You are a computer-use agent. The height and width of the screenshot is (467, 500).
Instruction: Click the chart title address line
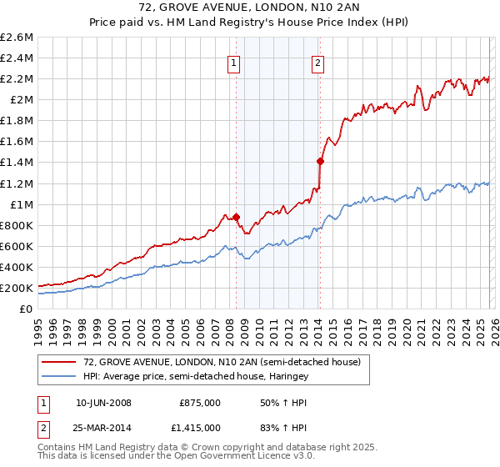[x=249, y=8]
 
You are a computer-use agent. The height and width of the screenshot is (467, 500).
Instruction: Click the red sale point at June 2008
[x=236, y=217]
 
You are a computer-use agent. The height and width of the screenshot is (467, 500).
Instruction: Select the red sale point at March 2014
[x=320, y=160]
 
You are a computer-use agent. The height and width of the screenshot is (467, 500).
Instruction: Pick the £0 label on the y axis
[x=27, y=309]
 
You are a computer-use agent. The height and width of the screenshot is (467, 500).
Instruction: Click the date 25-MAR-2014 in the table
[x=103, y=428]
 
